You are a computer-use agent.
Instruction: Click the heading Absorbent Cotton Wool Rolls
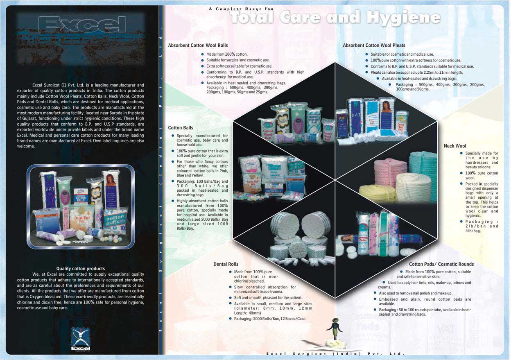pyautogui.click(x=198, y=45)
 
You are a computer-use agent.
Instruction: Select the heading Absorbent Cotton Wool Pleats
pyautogui.click(x=374, y=45)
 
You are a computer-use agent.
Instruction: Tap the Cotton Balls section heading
pyautogui.click(x=181, y=128)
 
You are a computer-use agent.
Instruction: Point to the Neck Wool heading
pyautogui.click(x=455, y=146)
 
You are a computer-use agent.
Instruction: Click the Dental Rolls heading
pyautogui.click(x=226, y=264)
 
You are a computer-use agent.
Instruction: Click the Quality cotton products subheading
pyautogui.click(x=80, y=269)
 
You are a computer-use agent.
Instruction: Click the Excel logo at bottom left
pyautogui.click(x=80, y=338)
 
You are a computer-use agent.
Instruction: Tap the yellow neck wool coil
pyautogui.click(x=377, y=194)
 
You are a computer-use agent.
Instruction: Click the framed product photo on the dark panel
pyautogui.click(x=81, y=206)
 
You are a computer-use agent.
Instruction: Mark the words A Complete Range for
pyautogui.click(x=241, y=9)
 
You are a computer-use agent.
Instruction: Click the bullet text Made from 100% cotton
pyautogui.click(x=227, y=54)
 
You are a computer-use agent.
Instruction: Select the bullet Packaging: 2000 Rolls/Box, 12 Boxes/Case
pyautogui.click(x=269, y=319)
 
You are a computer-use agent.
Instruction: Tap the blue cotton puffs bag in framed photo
pyautogui.click(x=115, y=222)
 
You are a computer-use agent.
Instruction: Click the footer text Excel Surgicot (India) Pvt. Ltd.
pyautogui.click(x=335, y=353)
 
